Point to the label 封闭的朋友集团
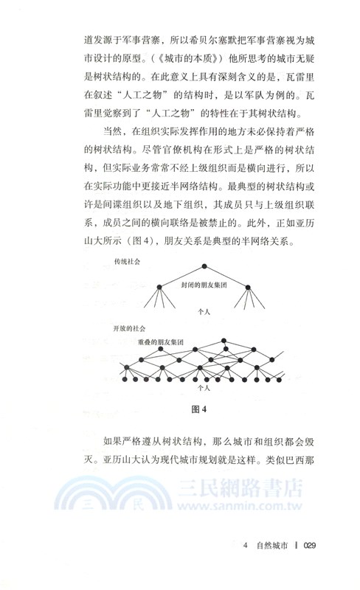click(x=200, y=284)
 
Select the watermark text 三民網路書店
click(x=239, y=490)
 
